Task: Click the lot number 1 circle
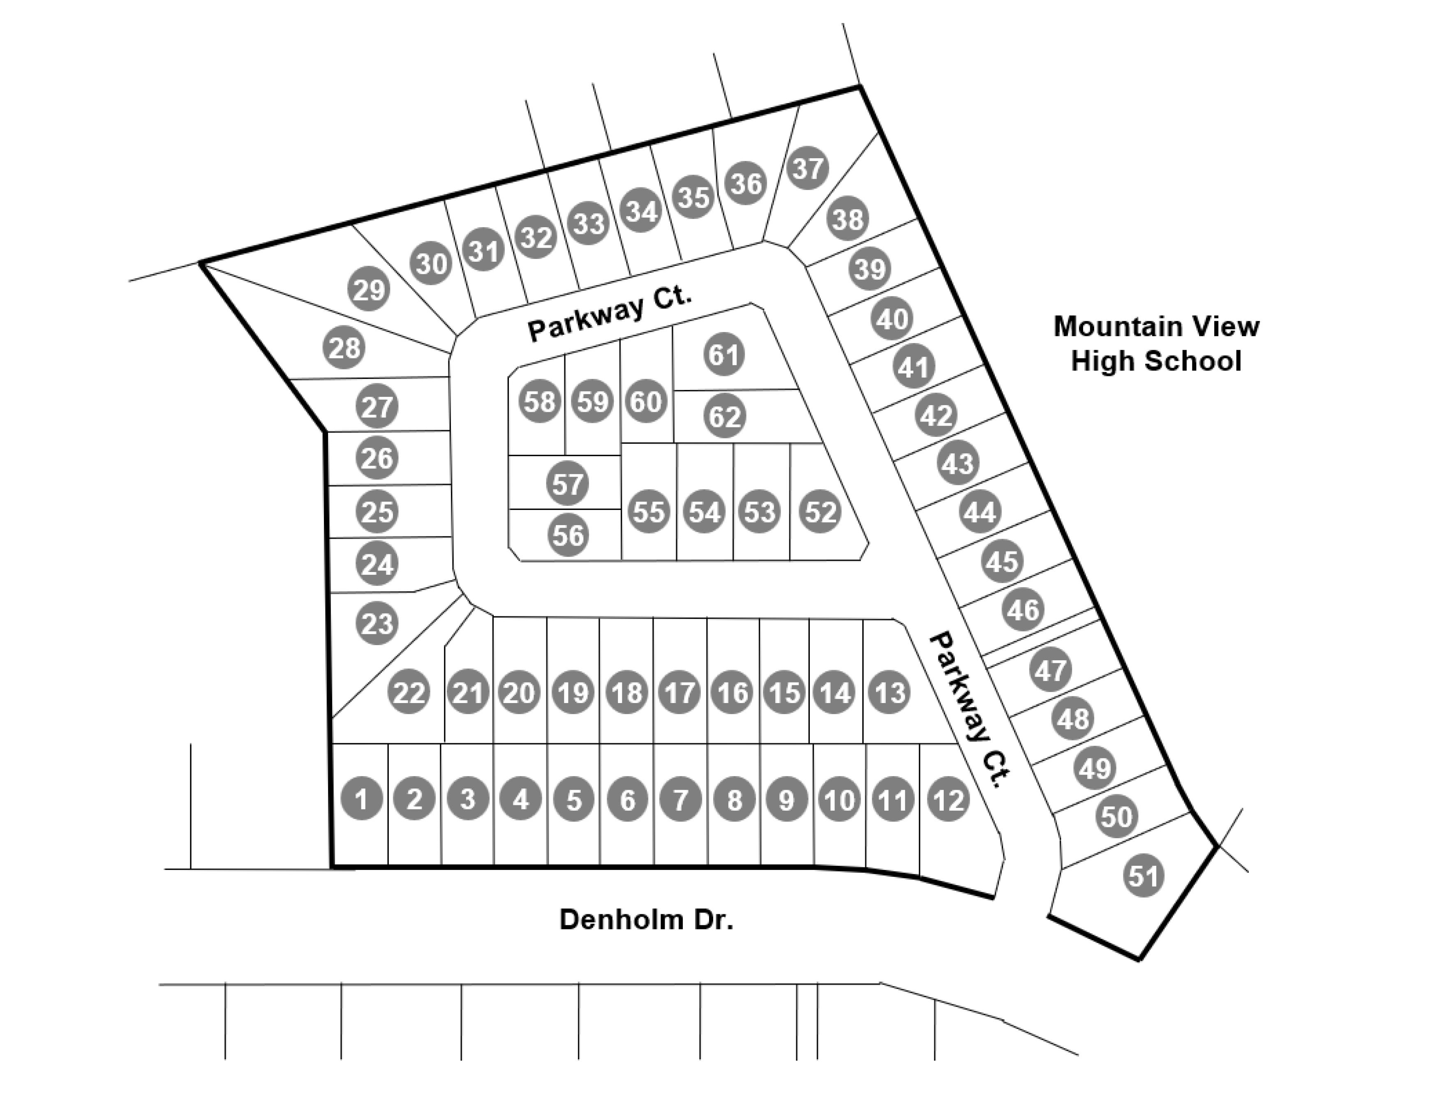(361, 799)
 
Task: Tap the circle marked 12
(948, 800)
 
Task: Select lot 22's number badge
(409, 692)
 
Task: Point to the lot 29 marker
(368, 288)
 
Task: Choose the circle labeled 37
(807, 168)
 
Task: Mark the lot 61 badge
(723, 355)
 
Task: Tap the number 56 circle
(568, 535)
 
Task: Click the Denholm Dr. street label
(646, 919)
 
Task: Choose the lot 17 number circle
(679, 692)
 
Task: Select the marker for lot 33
(588, 223)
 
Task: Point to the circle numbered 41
(914, 367)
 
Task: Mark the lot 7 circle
(680, 800)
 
